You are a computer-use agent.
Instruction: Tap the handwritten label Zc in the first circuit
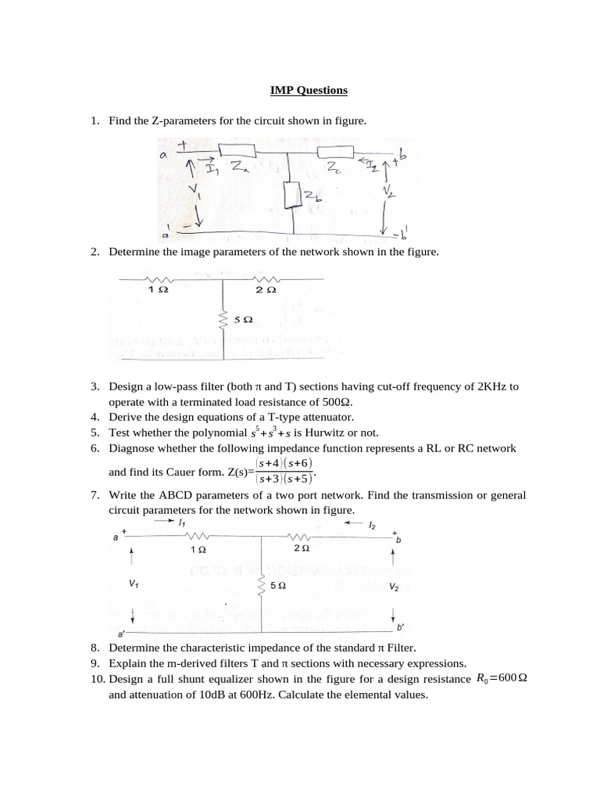tap(333, 167)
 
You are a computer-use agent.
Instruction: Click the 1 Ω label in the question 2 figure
tap(158, 289)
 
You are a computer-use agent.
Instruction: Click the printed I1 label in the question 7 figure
tap(181, 522)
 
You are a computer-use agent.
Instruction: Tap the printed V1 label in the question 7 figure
tap(134, 584)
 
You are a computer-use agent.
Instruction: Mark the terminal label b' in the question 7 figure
tap(401, 627)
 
